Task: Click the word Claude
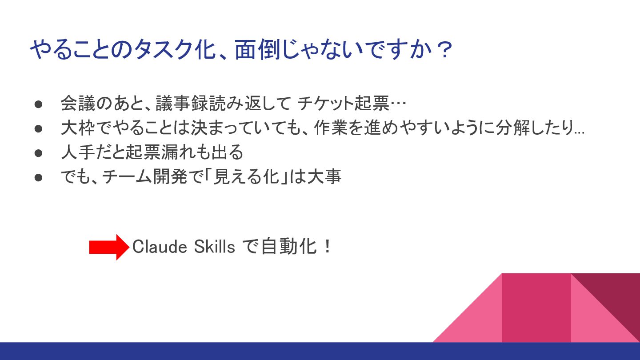point(160,247)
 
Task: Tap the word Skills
point(214,247)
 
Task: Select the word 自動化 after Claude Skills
point(289,247)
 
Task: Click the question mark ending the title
point(445,50)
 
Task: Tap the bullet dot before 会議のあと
point(38,104)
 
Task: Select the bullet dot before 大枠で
point(38,129)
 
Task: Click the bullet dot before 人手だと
point(38,153)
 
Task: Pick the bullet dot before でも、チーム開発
point(38,178)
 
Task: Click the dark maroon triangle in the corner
point(614,297)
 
